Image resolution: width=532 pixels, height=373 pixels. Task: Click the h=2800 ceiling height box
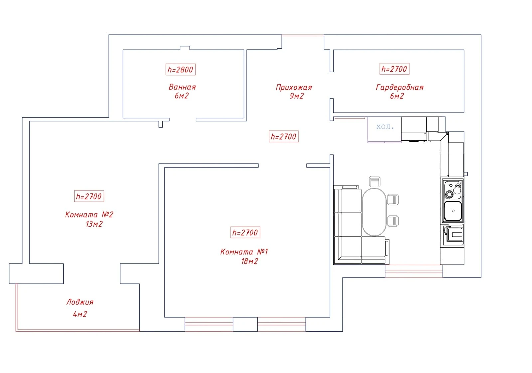[181, 70]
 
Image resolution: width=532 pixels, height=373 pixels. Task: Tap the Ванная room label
[182, 87]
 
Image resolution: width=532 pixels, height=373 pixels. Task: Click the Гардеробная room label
[400, 88]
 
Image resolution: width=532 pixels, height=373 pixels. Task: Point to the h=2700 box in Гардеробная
[394, 69]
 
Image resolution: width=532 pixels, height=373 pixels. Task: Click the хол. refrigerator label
[385, 127]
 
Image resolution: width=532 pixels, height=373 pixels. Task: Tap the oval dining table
[374, 212]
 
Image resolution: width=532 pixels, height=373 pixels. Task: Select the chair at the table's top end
[375, 182]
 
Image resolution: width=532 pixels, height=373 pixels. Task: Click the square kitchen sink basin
[453, 211]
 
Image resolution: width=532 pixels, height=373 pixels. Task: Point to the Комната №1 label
[244, 252]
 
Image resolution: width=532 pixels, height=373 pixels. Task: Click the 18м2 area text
[250, 262]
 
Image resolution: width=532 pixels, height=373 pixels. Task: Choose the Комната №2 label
[89, 215]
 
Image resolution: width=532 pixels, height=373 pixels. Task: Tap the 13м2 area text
[94, 224]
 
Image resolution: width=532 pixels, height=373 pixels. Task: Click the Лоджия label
[80, 302]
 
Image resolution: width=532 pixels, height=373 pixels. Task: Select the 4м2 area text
[80, 314]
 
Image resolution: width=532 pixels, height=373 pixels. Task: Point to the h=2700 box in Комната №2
[89, 196]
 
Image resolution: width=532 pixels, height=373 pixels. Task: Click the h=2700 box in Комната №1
[245, 232]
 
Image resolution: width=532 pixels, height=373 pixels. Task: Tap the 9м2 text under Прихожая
[297, 96]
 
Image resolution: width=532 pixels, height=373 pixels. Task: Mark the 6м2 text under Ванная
[182, 96]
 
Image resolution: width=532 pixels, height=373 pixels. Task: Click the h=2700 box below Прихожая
[284, 136]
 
